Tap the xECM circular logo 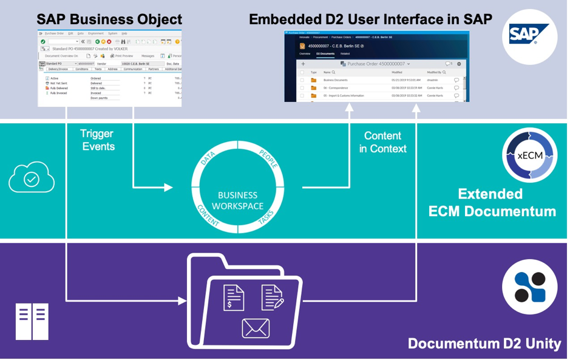(x=529, y=155)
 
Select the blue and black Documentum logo (x=529, y=287)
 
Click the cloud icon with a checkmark (x=32, y=178)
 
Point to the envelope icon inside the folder (x=256, y=328)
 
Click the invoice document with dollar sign (x=234, y=297)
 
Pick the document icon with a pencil (x=273, y=297)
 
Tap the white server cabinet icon (x=32, y=321)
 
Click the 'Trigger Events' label (x=98, y=140)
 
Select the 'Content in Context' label (x=382, y=142)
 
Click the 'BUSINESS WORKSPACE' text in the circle (x=238, y=201)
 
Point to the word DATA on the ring (x=208, y=159)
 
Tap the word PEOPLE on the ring (x=268, y=157)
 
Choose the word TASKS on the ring (x=266, y=218)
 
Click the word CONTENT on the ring (x=208, y=216)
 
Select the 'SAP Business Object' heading (x=109, y=19)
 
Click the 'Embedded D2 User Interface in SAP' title (x=370, y=19)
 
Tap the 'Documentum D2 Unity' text (x=484, y=344)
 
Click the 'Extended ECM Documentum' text (x=492, y=203)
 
